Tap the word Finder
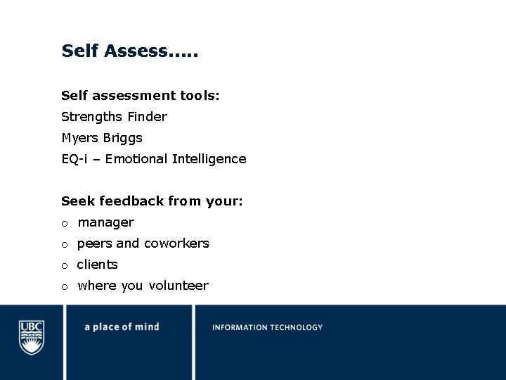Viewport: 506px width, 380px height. pyautogui.click(x=147, y=117)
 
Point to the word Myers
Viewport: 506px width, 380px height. pyautogui.click(x=81, y=138)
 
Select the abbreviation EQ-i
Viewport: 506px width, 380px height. pyautogui.click(x=74, y=159)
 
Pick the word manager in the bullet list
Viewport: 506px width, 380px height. pyautogui.click(x=105, y=223)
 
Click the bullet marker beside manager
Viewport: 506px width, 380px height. pyautogui.click(x=64, y=224)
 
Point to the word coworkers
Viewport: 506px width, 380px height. pyautogui.click(x=176, y=243)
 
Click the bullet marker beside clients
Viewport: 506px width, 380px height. pyautogui.click(x=64, y=266)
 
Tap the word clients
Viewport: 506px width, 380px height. pyautogui.click(x=97, y=265)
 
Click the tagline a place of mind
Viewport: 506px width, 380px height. pyautogui.click(x=122, y=327)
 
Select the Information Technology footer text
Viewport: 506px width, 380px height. pyautogui.click(x=267, y=327)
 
